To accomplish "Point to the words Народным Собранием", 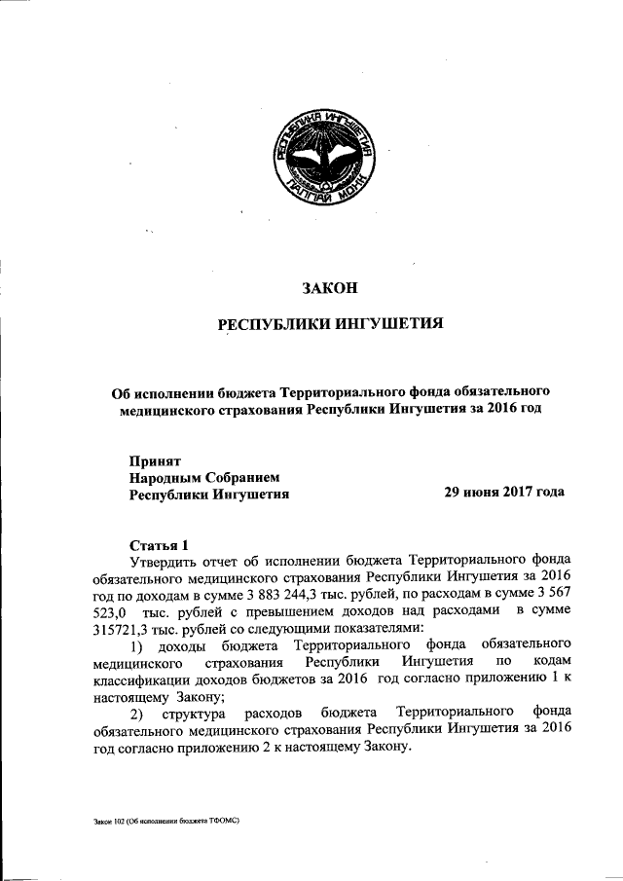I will coord(204,477).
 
